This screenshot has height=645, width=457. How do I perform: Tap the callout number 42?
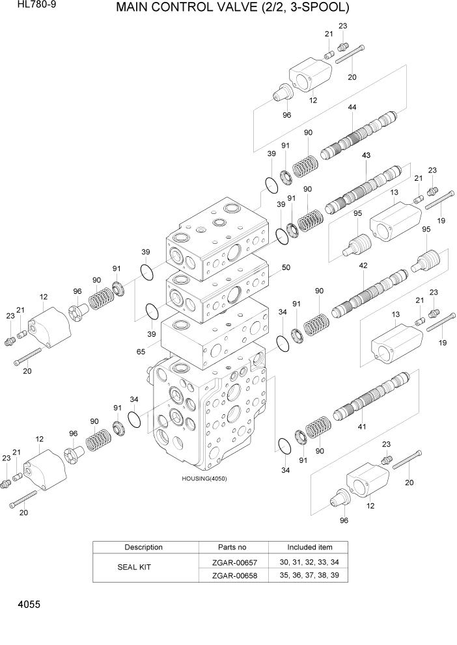tap(363, 265)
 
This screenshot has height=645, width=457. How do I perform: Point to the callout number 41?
tap(362, 427)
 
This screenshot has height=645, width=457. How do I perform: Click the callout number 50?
tap(286, 267)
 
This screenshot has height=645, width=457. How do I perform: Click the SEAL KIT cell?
tap(134, 568)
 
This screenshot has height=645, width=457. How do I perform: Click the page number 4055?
tap(25, 605)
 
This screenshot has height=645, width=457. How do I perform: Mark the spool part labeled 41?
tap(371, 398)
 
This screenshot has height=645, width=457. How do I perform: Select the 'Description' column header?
tap(144, 547)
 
